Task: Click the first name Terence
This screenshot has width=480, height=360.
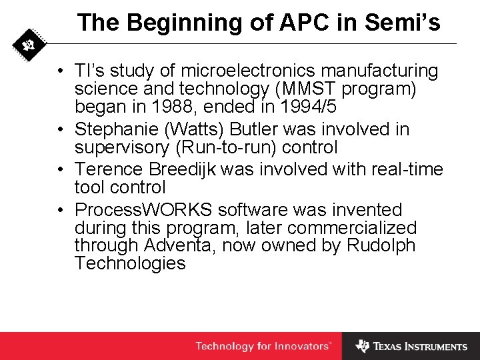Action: [x=111, y=169]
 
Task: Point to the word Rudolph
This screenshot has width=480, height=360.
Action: [x=381, y=245]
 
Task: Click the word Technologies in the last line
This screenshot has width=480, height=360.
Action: [x=130, y=263]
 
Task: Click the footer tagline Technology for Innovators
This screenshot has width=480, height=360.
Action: [x=263, y=346]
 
